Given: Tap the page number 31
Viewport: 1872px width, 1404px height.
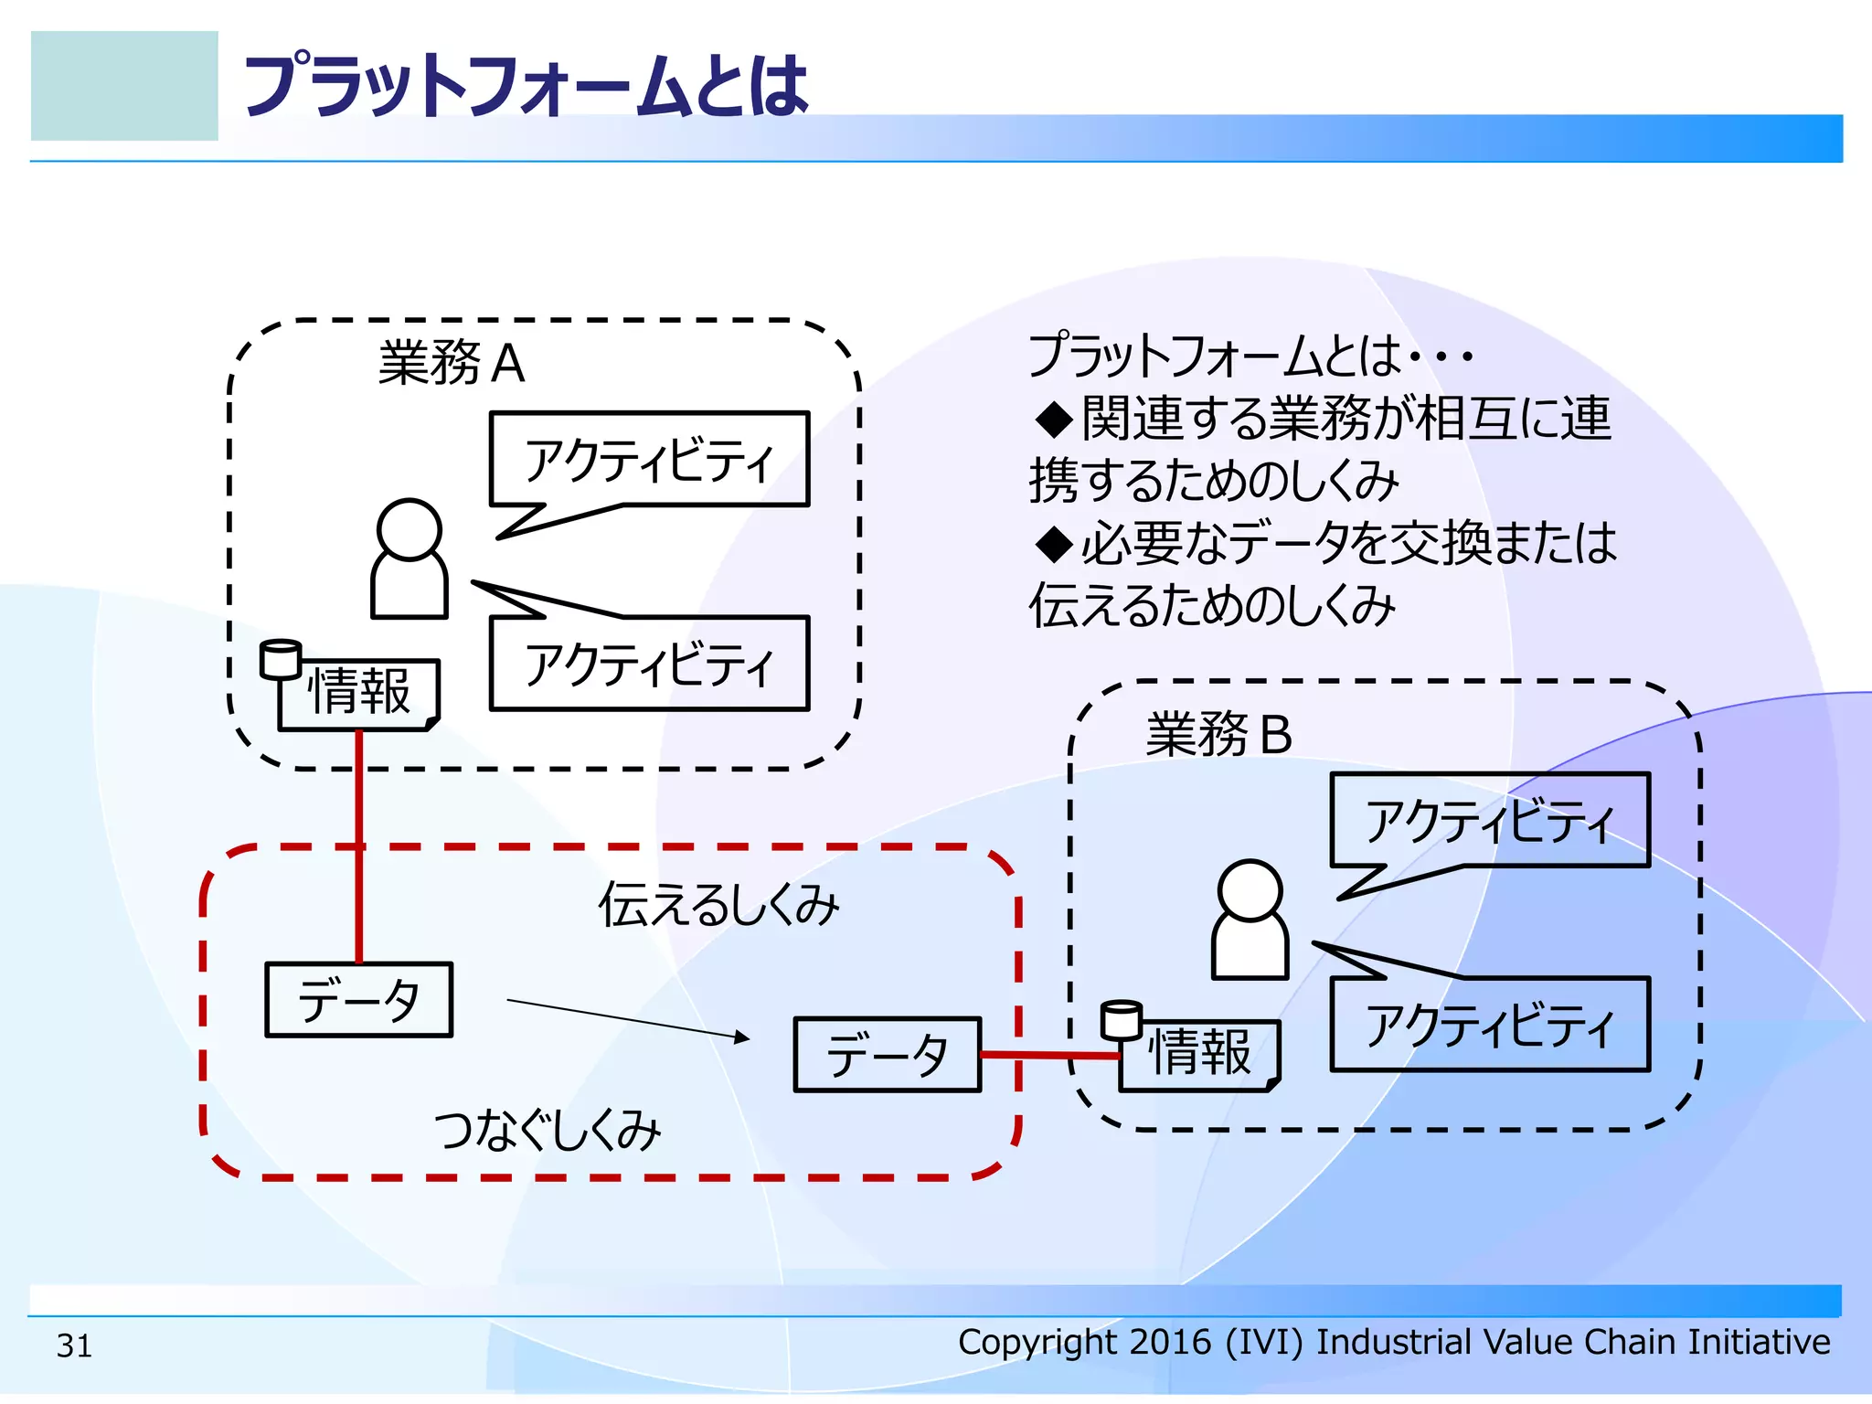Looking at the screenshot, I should click(74, 1345).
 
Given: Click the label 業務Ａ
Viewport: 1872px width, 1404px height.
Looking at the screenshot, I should click(452, 363).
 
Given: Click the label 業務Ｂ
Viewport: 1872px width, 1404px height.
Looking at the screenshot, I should click(1218, 734).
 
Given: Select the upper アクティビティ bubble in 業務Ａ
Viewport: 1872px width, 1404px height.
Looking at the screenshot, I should click(649, 459).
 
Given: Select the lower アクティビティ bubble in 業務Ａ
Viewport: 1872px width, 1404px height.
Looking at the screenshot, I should click(649, 664).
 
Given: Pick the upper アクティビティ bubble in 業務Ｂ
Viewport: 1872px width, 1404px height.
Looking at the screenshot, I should click(1490, 820).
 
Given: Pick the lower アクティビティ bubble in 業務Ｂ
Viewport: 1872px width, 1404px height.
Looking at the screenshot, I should click(1490, 1025).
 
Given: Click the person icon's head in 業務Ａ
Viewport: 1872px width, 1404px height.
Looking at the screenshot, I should click(409, 529).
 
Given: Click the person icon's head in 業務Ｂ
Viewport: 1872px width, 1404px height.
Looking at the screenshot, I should click(1250, 890).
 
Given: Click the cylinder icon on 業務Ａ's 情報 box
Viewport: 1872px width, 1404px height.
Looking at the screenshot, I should click(280, 659).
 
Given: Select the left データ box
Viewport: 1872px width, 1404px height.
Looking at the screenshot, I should click(358, 1000).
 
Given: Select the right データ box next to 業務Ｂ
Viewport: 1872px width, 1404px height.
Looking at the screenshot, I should click(887, 1055).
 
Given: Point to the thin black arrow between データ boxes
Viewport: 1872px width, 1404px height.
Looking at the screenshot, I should click(627, 1019).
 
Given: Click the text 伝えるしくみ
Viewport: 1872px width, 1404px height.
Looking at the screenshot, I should click(718, 905).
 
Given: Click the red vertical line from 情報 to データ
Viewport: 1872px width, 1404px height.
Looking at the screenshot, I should click(359, 850).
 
